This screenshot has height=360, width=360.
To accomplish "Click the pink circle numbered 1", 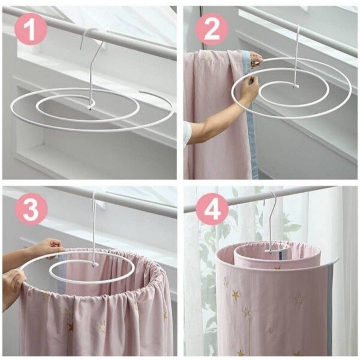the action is (x=31, y=29).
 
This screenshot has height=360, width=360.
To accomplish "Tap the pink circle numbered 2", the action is (x=212, y=29).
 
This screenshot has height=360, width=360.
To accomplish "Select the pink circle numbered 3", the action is (x=31, y=208).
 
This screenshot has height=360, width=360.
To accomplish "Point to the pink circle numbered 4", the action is (x=212, y=208).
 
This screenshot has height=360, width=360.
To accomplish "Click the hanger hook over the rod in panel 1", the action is (x=88, y=34).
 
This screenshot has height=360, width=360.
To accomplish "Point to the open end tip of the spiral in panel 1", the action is (x=141, y=92).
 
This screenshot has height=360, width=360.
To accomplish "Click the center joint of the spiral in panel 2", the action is (x=296, y=86).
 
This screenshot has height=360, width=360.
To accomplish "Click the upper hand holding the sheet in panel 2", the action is (x=256, y=59).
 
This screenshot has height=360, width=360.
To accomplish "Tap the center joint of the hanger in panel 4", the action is (x=271, y=251).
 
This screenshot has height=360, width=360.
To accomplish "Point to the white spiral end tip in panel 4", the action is (x=337, y=259).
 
